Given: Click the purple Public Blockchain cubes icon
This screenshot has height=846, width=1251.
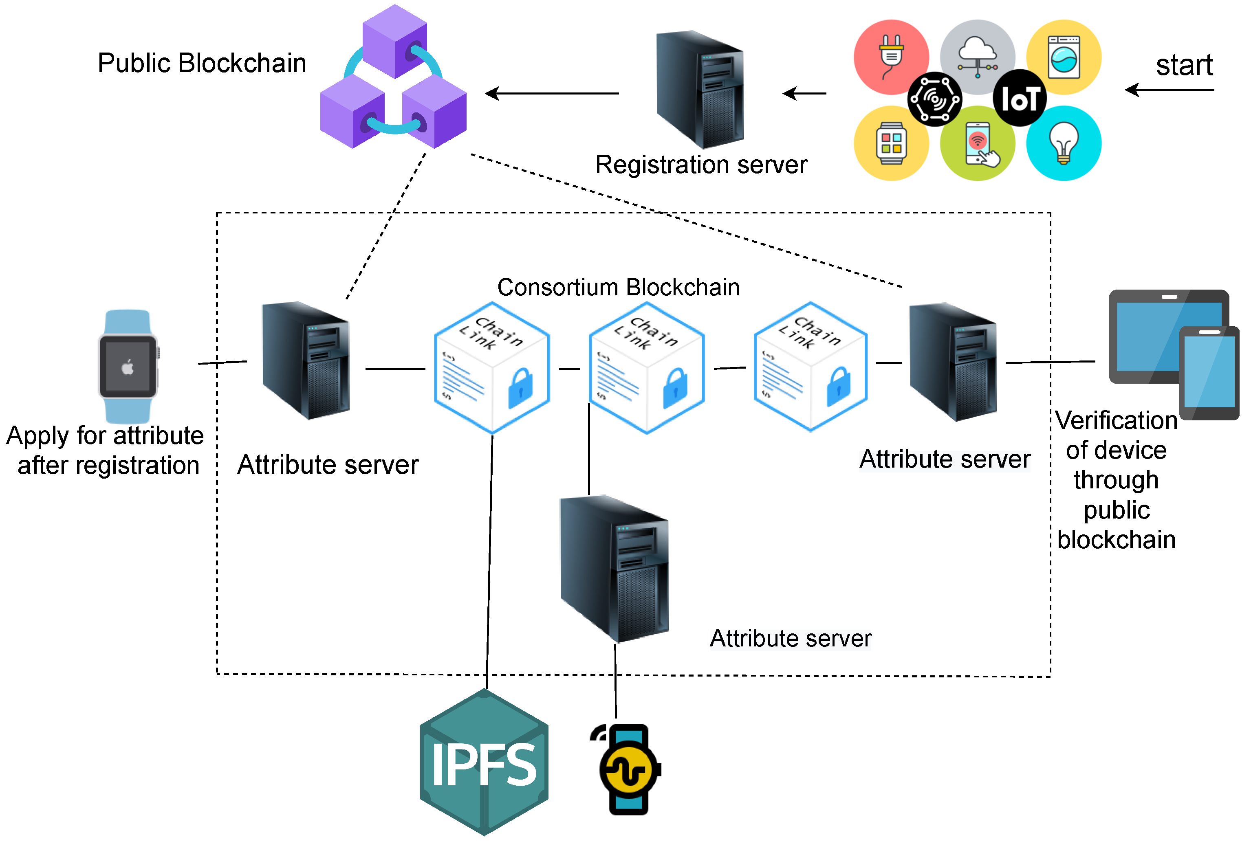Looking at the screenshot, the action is [x=394, y=77].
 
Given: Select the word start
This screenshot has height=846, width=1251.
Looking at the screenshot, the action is [x=1184, y=66].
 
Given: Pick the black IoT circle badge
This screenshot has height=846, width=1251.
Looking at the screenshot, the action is [x=1020, y=98].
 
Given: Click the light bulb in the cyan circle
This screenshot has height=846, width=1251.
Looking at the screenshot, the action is [x=1064, y=143].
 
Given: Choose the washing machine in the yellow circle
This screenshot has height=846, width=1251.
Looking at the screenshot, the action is [x=1064, y=57].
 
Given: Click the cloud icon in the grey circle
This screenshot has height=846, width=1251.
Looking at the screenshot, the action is [x=978, y=55].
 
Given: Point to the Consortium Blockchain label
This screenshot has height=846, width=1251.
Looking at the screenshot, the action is [x=618, y=288].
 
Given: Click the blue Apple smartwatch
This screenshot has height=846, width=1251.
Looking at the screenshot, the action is [x=128, y=366].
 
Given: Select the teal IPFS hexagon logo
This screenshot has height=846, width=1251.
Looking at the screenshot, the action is [x=484, y=762].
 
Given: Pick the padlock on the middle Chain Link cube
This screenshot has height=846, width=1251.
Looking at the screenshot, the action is [x=675, y=388].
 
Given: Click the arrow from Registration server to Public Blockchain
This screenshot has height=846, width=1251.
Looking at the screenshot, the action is [x=552, y=94].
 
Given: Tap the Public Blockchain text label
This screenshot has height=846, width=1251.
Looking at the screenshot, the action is [x=202, y=63].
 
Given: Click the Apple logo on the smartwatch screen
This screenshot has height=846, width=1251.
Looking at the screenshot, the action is [x=128, y=367].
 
